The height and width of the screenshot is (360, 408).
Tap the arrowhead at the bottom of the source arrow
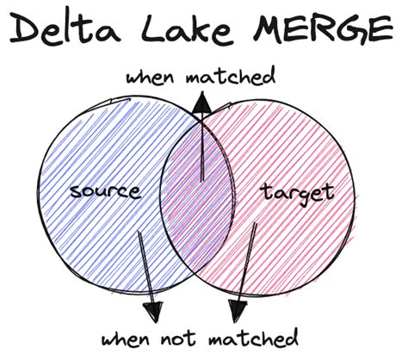(155, 308)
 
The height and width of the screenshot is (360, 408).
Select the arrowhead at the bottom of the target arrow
(235, 308)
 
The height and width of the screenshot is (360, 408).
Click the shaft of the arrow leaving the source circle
(145, 267)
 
